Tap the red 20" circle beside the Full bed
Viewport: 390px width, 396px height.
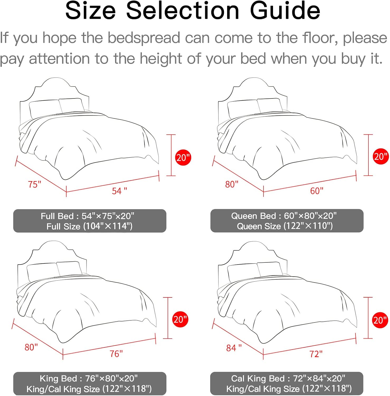tap(183, 158)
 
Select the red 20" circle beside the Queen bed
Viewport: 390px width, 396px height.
tap(381, 156)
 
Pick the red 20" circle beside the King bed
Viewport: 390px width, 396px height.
tap(180, 319)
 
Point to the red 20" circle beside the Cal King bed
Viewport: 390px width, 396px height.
tap(380, 320)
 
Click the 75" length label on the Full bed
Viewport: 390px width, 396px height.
tap(35, 184)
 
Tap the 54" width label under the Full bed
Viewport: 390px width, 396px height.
tap(119, 191)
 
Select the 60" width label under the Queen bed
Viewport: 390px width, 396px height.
tap(317, 191)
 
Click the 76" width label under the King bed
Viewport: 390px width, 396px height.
tap(116, 353)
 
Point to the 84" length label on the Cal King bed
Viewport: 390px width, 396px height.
tap(234, 348)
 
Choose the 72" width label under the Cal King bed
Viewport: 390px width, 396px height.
tap(316, 354)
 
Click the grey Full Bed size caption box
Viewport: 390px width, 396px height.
tap(90, 221)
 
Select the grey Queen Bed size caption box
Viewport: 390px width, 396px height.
tap(287, 221)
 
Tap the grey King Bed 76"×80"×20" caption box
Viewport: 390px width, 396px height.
tap(90, 384)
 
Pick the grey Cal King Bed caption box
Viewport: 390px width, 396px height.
tap(287, 383)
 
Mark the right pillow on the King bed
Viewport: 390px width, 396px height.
tap(69, 268)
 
